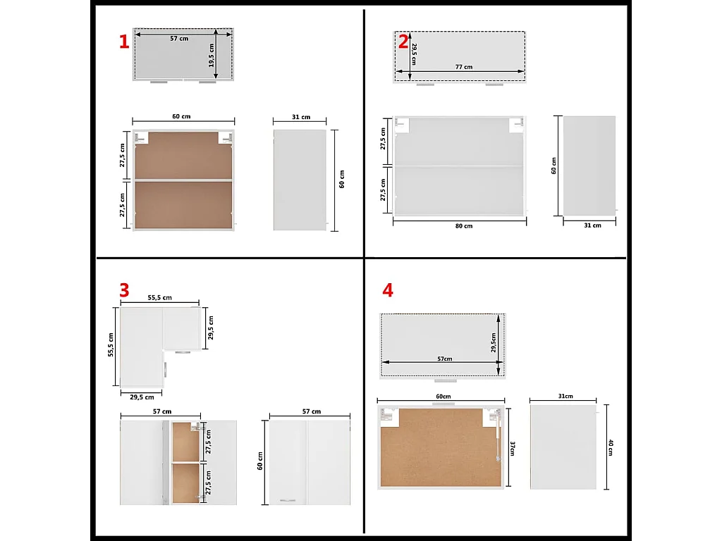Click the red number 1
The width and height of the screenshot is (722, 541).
(x=124, y=42)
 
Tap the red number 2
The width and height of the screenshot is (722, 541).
(x=403, y=42)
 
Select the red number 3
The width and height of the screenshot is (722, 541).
(x=124, y=290)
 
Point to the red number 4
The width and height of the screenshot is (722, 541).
(x=387, y=290)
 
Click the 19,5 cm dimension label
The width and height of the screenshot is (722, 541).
(x=212, y=55)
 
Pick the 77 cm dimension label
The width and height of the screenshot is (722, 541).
(x=463, y=67)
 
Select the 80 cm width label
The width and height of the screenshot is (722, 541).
(x=463, y=226)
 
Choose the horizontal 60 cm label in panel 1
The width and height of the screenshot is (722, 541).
(x=181, y=116)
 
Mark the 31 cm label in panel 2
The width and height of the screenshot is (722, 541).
(x=592, y=225)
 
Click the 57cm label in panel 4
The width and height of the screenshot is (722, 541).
(x=444, y=359)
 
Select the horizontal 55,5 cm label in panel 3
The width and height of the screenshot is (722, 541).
(x=159, y=298)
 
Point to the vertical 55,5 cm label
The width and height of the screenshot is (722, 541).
(x=111, y=345)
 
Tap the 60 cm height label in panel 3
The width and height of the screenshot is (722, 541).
(x=260, y=461)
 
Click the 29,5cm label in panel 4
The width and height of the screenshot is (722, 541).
(x=495, y=343)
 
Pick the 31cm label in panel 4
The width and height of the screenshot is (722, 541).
(x=565, y=397)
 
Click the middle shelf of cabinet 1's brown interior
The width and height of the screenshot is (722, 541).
(x=183, y=180)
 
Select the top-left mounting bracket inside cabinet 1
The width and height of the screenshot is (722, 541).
(x=142, y=137)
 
